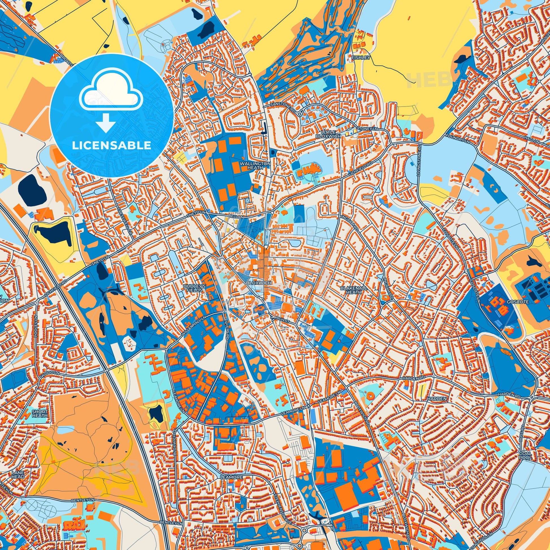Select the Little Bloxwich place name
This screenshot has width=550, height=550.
point(328,134)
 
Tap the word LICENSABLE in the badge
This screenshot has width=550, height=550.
point(112,146)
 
